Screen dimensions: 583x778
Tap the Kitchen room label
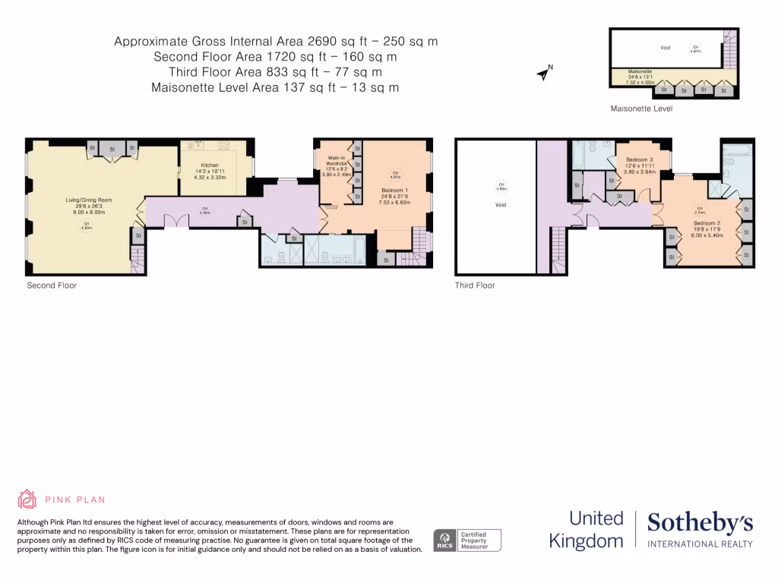[x=210, y=165]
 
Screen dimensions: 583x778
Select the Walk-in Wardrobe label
[x=336, y=161]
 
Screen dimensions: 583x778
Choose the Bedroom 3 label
[x=639, y=160]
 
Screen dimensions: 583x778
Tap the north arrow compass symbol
[x=544, y=73]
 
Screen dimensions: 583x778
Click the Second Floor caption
[x=52, y=285]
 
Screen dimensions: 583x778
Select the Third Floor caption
[x=475, y=285]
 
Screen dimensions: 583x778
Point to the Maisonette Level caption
[x=641, y=109]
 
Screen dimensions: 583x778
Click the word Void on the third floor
[x=500, y=205]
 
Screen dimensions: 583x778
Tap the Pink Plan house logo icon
[x=27, y=499]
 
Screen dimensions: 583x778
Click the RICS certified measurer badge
[x=467, y=540]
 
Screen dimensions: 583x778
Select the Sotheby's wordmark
[x=700, y=523]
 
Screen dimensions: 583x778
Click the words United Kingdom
[x=596, y=530]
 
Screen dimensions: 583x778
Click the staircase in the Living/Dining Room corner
[x=138, y=261]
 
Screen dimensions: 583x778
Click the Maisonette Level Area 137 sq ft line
[x=276, y=87]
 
